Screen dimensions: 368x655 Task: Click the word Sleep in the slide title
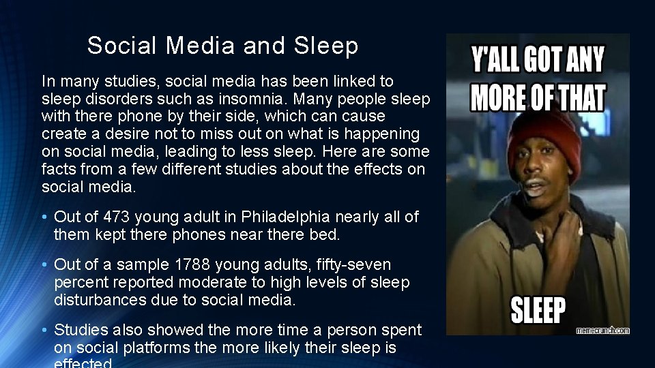[326, 46]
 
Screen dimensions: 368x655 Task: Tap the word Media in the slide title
[201, 46]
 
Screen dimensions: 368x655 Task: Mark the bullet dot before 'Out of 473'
[44, 217]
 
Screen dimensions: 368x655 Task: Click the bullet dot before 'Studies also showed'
[44, 331]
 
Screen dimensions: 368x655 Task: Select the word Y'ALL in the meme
[498, 60]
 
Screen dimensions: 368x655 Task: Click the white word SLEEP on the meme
[538, 311]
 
